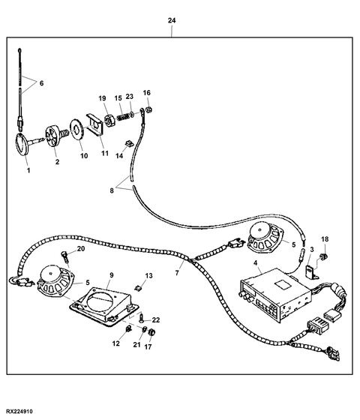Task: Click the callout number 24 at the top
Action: [x=172, y=20]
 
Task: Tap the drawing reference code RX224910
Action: [x=19, y=411]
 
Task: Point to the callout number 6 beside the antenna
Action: [x=41, y=83]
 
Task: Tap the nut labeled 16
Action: [x=150, y=109]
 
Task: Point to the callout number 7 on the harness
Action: [x=177, y=273]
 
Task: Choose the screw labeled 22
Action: [x=141, y=319]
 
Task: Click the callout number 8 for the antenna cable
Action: [x=112, y=190]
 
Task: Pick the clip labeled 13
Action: [x=138, y=288]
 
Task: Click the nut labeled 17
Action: [x=152, y=332]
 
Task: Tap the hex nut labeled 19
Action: [x=109, y=120]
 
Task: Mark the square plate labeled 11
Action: [x=94, y=124]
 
